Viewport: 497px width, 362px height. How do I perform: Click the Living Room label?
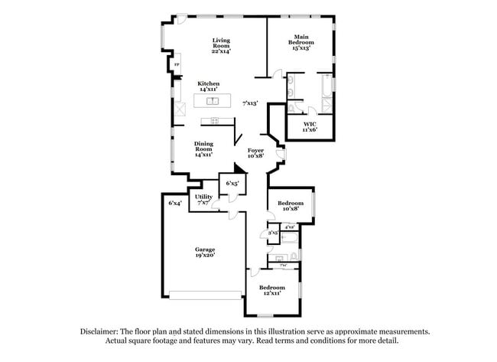click(221, 45)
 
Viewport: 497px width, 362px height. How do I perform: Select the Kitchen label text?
click(209, 86)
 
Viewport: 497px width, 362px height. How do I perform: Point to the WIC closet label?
click(310, 126)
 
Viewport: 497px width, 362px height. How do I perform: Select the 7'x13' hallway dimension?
click(250, 103)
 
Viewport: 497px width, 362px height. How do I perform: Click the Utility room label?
click(203, 200)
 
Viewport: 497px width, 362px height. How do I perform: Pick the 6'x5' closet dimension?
click(232, 184)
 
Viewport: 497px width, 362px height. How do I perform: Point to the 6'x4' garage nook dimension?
click(175, 203)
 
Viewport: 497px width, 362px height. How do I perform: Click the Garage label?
click(204, 252)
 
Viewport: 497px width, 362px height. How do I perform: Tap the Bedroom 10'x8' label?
click(291, 206)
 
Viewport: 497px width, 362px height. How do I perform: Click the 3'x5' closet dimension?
click(272, 232)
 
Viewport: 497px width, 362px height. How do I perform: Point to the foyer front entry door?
click(280, 158)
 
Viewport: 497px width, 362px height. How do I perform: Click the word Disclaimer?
click(104, 331)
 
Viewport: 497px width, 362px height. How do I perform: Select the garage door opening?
click(204, 295)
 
